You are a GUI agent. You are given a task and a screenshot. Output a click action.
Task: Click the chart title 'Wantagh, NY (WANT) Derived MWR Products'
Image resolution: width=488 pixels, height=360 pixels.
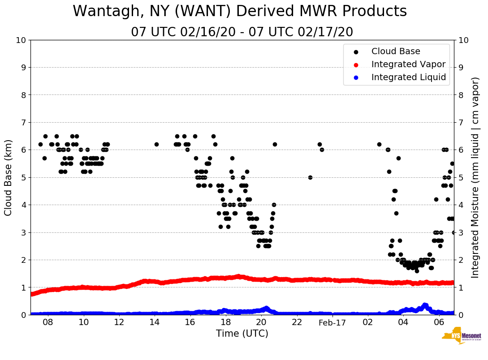click(240, 11)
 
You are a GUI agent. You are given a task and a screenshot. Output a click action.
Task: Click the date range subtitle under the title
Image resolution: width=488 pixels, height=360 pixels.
click(242, 32)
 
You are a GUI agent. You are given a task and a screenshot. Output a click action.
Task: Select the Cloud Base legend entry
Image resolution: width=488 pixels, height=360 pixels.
click(396, 51)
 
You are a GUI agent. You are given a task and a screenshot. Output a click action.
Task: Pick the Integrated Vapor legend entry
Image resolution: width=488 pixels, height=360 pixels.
click(408, 64)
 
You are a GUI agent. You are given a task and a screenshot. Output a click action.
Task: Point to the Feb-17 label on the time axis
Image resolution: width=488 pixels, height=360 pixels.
click(332, 323)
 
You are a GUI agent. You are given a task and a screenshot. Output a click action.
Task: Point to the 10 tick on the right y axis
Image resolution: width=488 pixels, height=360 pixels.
click(463, 40)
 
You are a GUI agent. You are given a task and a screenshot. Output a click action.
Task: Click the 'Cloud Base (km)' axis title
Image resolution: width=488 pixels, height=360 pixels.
click(9, 177)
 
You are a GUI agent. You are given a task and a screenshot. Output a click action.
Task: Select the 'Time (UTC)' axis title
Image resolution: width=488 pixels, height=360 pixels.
click(242, 334)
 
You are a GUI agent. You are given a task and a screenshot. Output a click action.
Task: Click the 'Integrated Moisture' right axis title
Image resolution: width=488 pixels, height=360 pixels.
click(475, 177)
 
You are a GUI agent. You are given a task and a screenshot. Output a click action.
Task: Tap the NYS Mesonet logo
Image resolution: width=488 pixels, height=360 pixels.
click(461, 337)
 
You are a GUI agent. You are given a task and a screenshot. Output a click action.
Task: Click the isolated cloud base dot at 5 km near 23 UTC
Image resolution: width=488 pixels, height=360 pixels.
click(310, 177)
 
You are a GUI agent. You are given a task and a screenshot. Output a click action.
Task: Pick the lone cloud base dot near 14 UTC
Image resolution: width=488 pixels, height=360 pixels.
click(156, 144)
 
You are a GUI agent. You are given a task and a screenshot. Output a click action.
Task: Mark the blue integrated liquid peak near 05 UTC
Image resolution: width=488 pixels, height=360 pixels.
click(425, 305)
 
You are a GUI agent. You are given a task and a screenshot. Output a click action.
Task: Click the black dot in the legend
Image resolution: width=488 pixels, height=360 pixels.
click(356, 51)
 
